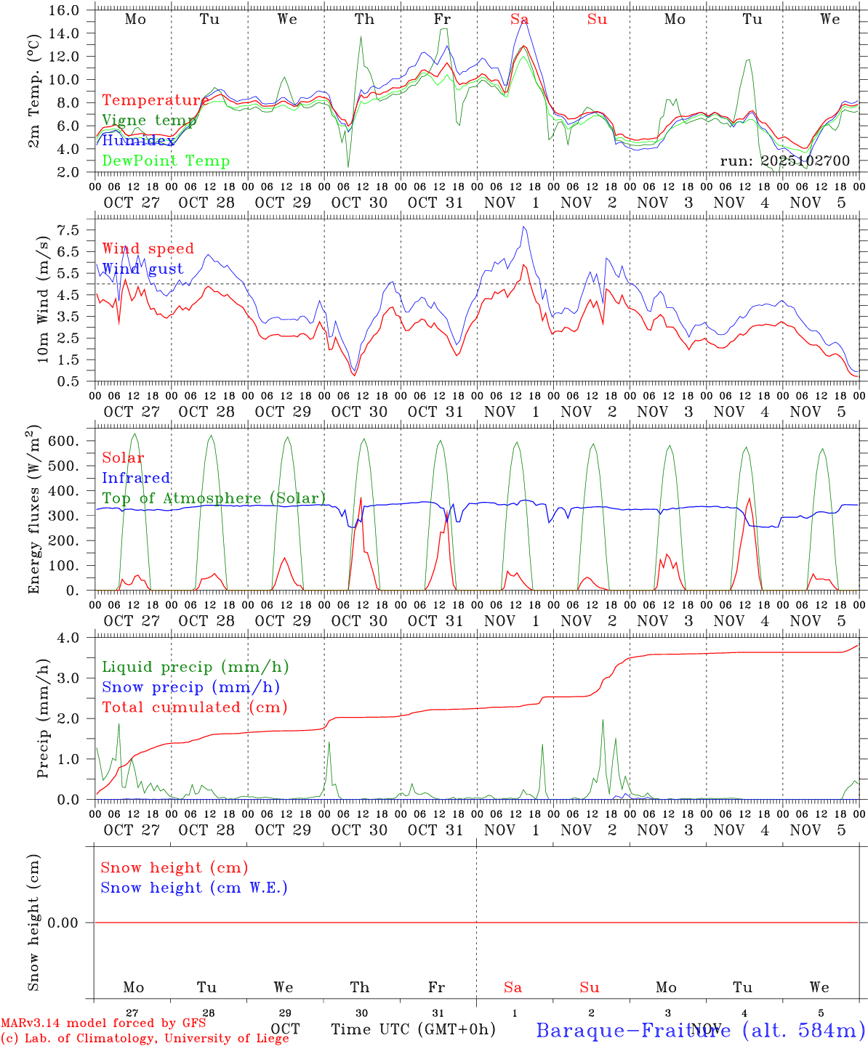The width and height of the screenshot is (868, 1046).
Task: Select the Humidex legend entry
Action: (139, 141)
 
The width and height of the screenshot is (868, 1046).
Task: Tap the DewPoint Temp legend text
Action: (166, 161)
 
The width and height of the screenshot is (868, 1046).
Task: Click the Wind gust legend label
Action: (142, 269)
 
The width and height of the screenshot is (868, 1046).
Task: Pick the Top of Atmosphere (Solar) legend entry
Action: (214, 498)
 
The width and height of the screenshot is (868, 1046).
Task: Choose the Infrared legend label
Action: (136, 478)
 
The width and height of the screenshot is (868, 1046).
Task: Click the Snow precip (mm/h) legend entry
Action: (191, 687)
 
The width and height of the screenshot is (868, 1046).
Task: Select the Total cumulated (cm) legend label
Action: (195, 707)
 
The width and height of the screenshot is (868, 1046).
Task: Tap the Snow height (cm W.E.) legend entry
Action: (194, 888)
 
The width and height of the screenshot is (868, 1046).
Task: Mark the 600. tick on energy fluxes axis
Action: (63, 441)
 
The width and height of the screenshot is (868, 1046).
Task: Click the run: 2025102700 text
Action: (784, 161)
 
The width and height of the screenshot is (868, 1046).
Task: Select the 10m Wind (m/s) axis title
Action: (43, 300)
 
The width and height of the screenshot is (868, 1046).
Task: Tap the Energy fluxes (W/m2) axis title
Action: (33, 511)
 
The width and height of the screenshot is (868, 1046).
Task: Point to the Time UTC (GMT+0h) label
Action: (414, 1029)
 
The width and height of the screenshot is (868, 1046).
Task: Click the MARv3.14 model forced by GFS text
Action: (103, 1023)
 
